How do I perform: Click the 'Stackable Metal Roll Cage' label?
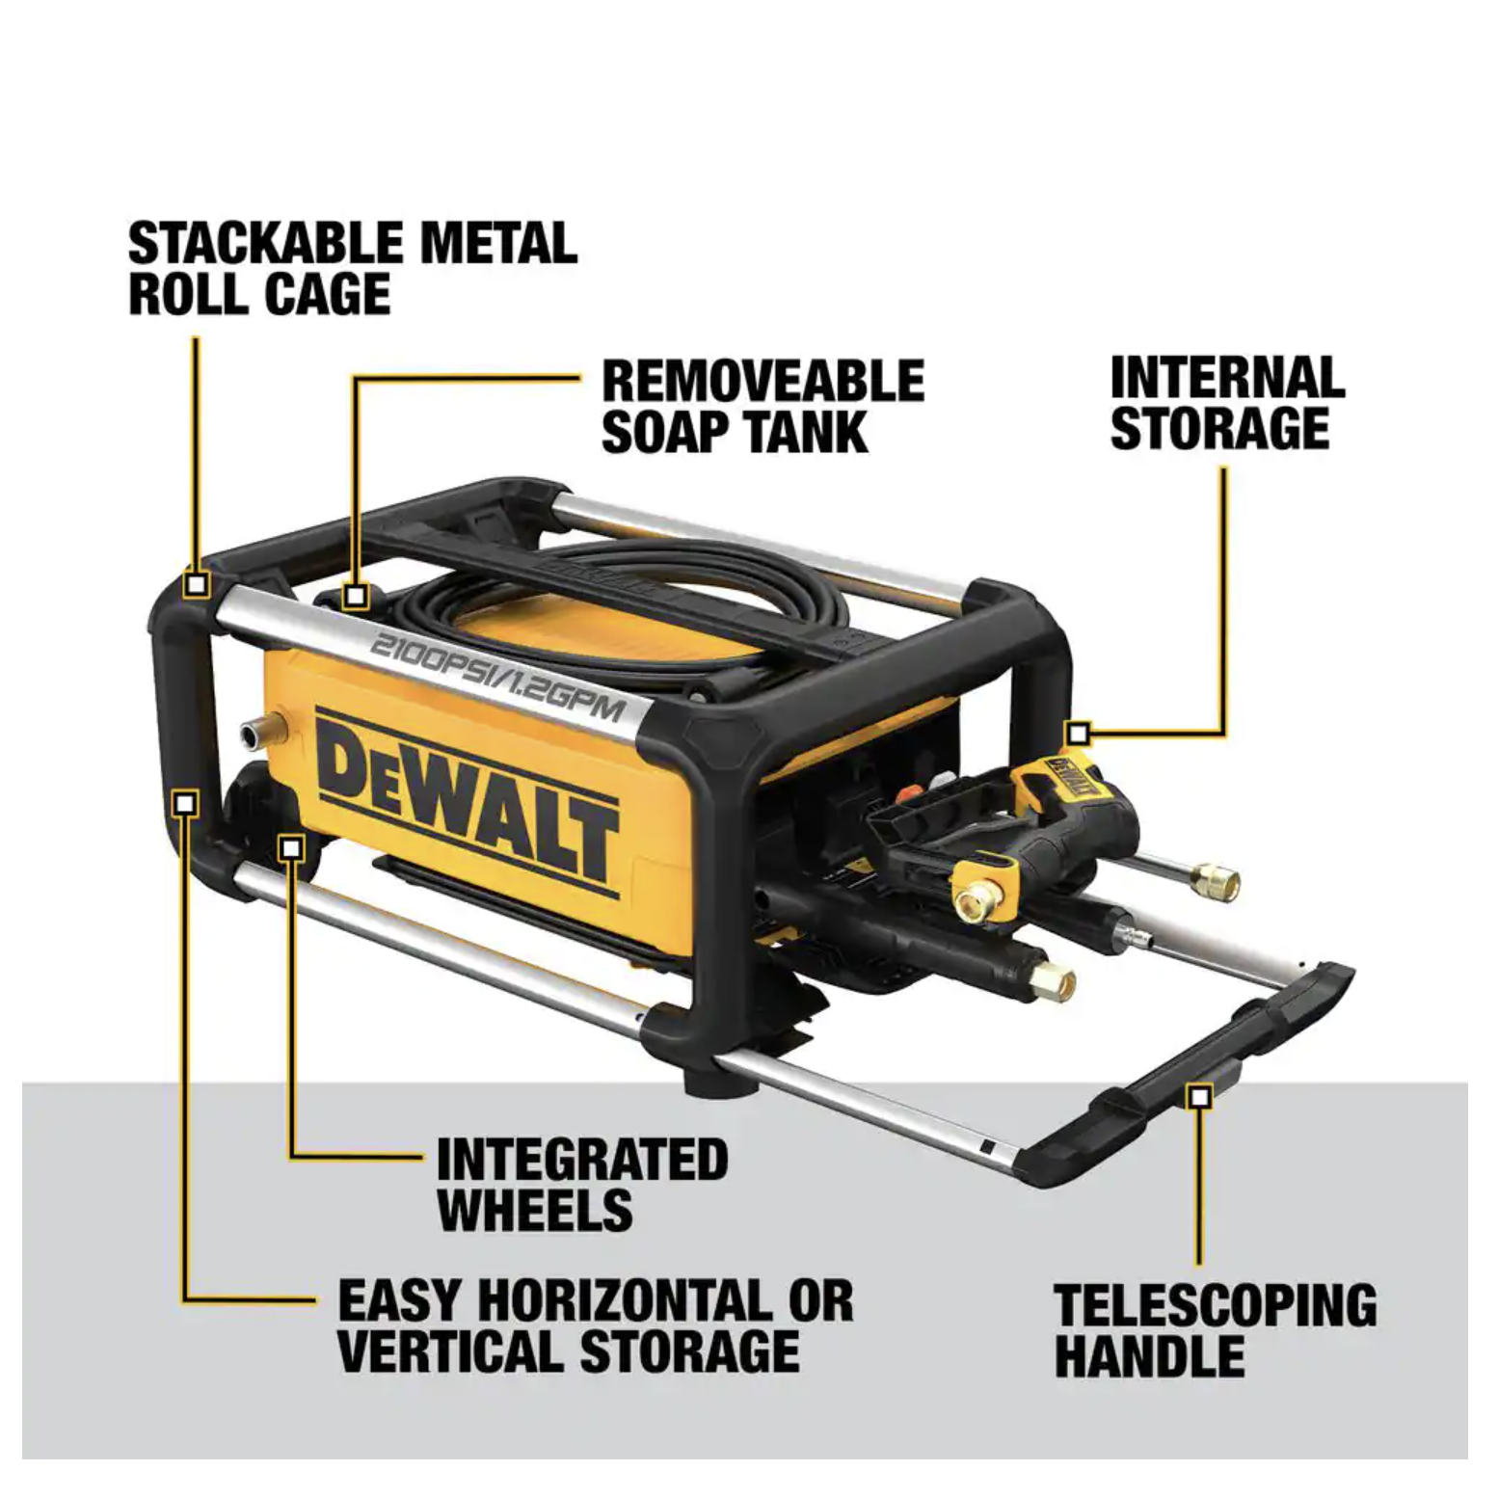coord(353,269)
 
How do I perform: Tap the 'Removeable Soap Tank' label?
coord(762,407)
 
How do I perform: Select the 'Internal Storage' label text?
coord(1227,403)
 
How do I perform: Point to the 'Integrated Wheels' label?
coord(582,1184)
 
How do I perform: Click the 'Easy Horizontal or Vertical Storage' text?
coord(596,1325)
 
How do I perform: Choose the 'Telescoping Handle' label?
coord(1216,1331)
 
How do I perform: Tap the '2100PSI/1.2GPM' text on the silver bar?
coord(497,678)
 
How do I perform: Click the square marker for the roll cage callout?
coord(198,584)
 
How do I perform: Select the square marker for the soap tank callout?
coord(356,597)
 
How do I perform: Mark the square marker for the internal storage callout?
coord(1079,735)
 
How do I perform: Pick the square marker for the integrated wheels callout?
coord(291,848)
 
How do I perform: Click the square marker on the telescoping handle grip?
coord(1199,1096)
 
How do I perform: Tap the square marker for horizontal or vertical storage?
coord(186,802)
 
